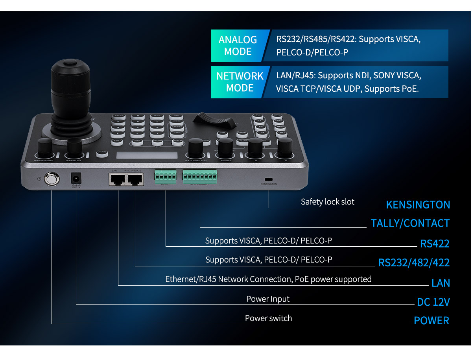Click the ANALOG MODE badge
point(238,46)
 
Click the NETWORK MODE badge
point(240,82)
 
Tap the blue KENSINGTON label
point(418,205)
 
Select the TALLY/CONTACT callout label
point(410,223)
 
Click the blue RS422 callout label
point(435,244)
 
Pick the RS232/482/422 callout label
point(414,262)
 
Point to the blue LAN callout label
point(441,283)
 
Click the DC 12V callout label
point(433,302)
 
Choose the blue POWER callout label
point(431,320)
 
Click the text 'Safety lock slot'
point(327,202)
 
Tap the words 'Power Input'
point(267,299)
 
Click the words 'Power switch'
point(268,318)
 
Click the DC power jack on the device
point(75,179)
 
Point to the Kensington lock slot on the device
point(269,178)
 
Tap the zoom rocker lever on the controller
point(212,120)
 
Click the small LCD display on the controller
point(147,155)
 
